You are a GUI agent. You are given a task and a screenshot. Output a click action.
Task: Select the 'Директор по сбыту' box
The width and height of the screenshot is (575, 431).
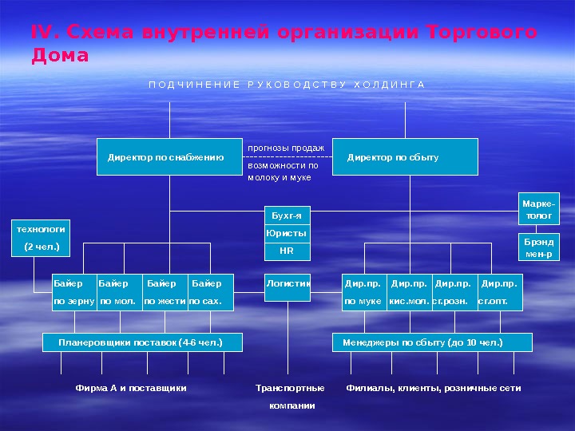[x=404, y=157]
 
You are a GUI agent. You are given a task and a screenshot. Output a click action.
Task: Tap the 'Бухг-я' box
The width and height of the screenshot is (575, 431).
[x=287, y=216]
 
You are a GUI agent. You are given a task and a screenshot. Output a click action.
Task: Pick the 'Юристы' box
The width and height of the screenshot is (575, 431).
[x=287, y=234]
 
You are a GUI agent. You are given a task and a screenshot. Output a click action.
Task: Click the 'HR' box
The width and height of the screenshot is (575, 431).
[x=287, y=251]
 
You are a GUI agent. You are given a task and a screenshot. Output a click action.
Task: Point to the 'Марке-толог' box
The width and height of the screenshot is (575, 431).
[x=538, y=210]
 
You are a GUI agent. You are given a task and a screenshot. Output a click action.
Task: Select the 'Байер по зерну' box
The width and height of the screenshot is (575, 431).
[x=73, y=292]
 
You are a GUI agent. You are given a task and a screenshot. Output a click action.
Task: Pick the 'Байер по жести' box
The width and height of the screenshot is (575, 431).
[x=165, y=292]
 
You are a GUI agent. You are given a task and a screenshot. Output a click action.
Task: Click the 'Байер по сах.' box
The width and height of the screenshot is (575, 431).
[x=210, y=292]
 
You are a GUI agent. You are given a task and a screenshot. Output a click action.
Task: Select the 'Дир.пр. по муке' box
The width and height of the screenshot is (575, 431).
[x=364, y=292]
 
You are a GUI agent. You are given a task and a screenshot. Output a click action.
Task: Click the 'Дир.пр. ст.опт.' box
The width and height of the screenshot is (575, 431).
[x=498, y=292]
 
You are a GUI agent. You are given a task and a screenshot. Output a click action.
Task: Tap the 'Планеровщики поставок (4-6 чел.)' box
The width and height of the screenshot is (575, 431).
[x=141, y=342]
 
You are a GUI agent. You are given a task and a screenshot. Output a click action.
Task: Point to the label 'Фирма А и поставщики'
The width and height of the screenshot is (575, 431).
[x=131, y=388]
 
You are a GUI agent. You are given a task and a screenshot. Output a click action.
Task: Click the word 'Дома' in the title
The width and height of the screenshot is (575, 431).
[x=60, y=57]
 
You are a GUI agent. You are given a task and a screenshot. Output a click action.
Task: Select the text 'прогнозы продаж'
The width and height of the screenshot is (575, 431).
[x=286, y=148]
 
